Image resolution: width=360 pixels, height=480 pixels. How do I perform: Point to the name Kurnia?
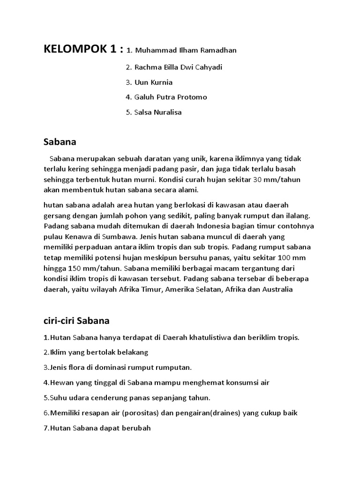161,82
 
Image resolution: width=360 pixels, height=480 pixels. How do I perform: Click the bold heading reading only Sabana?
60,141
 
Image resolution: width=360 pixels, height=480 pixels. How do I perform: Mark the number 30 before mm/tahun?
258,179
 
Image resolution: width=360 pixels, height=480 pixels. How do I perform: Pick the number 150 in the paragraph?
75,269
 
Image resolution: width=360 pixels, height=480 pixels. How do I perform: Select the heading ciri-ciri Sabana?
76,321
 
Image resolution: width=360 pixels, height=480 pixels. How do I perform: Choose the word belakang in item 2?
132,352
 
